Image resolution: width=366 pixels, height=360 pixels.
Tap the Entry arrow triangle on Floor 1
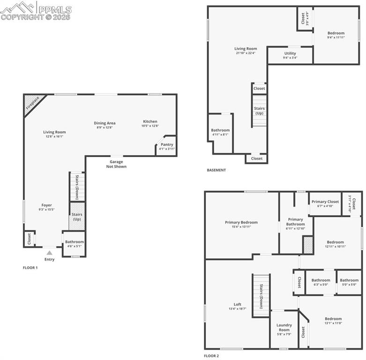[49, 253]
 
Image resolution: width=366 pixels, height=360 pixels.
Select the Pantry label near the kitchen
[167, 144]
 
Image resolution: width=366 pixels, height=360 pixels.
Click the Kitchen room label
[150, 121]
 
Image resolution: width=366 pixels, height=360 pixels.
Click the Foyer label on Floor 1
[46, 205]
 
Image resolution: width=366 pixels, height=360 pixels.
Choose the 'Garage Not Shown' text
[116, 164]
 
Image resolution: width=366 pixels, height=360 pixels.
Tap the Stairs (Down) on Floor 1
[77, 187]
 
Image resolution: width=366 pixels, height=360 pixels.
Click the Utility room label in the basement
[290, 53]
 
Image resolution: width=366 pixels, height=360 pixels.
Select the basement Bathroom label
[220, 130]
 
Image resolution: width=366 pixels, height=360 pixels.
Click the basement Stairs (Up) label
[259, 111]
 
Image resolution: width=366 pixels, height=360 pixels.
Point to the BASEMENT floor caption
[216, 170]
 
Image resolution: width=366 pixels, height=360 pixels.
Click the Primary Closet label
[325, 202]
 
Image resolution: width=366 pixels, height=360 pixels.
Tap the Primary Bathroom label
[295, 222]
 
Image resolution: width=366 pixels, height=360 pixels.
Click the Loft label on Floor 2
[238, 304]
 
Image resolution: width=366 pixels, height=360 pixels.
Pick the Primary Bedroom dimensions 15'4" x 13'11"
[241, 227]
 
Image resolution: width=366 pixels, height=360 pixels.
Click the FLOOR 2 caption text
[211, 356]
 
